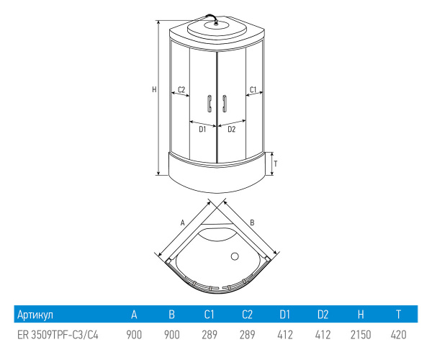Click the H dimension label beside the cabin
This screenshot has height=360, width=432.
tap(154, 89)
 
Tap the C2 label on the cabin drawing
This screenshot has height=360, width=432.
tap(181, 89)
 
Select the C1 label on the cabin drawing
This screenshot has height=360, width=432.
tap(253, 89)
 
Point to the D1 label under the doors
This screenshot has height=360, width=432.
tap(202, 129)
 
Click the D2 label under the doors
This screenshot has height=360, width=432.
tap(231, 129)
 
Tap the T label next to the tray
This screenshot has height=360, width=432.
tap(276, 164)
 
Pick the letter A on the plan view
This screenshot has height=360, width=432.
tap(182, 222)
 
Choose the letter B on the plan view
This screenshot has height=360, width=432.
tap(252, 222)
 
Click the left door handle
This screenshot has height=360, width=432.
tap(209, 104)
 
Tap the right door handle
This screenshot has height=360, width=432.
tap(224, 104)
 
